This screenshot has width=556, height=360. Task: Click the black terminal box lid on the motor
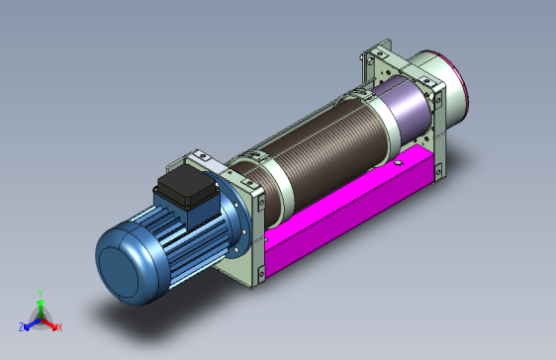click(x=187, y=187)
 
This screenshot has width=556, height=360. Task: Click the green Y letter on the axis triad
click(x=41, y=294)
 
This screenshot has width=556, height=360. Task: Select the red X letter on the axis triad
click(x=60, y=327)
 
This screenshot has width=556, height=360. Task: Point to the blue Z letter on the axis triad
click(x=22, y=327)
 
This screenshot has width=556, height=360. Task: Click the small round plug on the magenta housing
click(x=399, y=162)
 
